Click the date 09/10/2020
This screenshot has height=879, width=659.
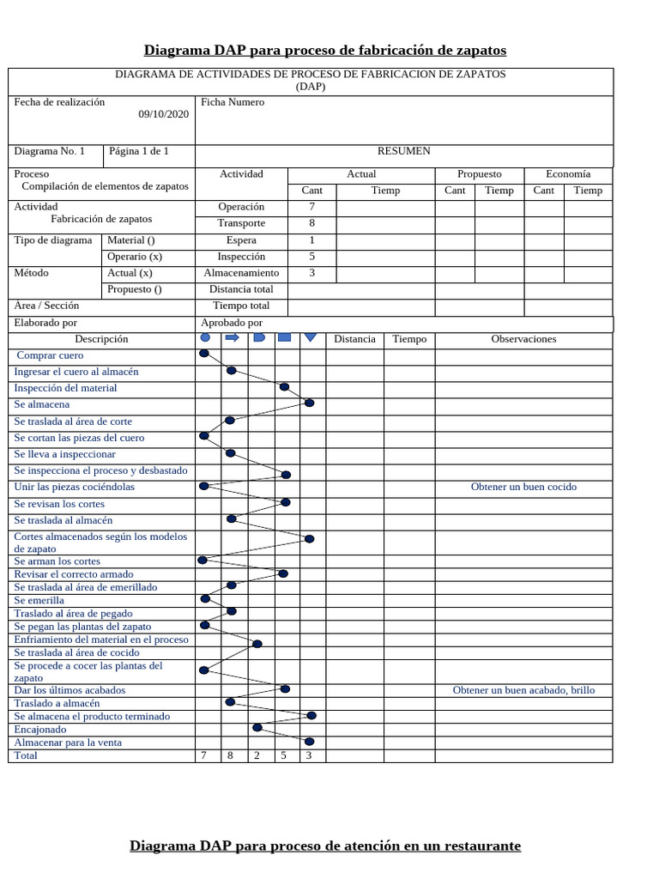tap(163, 114)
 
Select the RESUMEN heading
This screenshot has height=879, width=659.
tap(404, 151)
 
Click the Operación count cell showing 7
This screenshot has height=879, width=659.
tap(311, 207)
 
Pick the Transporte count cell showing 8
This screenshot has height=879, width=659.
tap(311, 224)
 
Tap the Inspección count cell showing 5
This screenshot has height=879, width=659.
tap(311, 257)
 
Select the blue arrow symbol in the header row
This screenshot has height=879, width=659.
tap(232, 338)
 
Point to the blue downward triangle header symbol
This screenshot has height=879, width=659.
tap(311, 338)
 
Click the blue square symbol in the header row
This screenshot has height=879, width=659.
tap(285, 338)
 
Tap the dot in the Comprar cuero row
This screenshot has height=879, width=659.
tap(203, 354)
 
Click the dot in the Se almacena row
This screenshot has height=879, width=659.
tap(309, 403)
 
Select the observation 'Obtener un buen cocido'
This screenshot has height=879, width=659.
tap(523, 487)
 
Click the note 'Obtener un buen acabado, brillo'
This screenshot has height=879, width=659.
tap(523, 690)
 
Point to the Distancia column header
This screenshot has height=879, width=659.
tap(354, 339)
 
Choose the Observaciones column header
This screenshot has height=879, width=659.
tap(523, 339)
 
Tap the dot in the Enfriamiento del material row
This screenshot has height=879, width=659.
tap(257, 643)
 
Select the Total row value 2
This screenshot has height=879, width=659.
tap(257, 756)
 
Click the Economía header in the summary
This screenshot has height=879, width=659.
tap(567, 174)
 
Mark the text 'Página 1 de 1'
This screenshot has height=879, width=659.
tap(137, 151)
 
